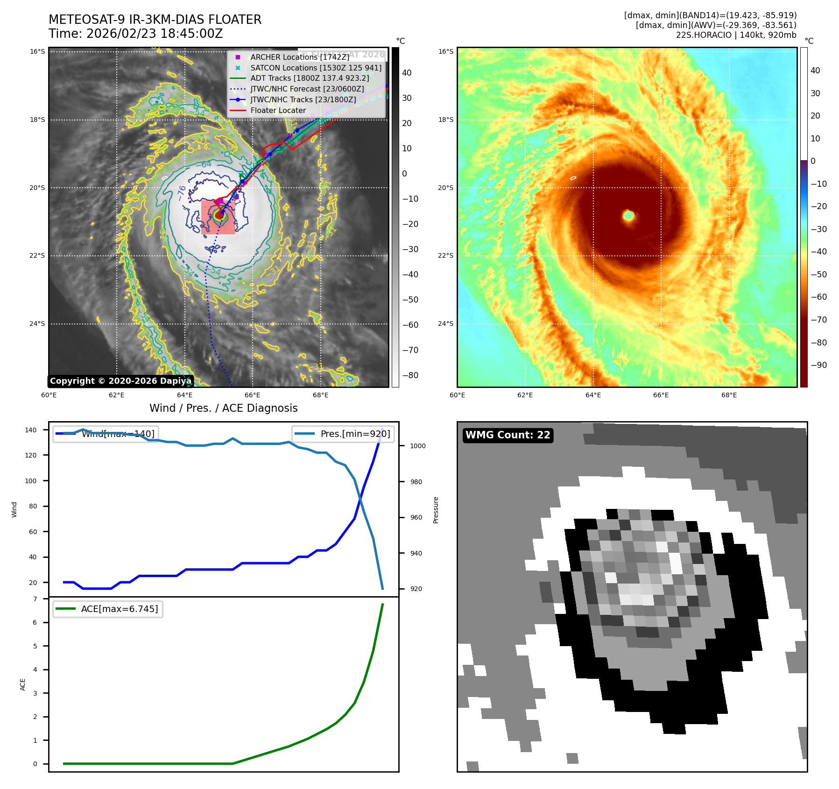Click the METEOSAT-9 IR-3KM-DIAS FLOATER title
click(x=155, y=20)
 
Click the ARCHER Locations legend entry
click(x=299, y=57)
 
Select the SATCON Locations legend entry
click(x=316, y=68)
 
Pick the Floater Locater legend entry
click(x=278, y=110)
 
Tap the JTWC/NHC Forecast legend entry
click(x=307, y=89)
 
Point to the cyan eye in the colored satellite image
click(x=628, y=216)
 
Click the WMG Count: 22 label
click(x=508, y=435)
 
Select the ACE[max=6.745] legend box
click(x=108, y=609)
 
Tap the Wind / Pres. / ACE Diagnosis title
click(x=223, y=408)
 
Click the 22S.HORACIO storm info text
click(x=736, y=35)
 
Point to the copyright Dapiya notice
click(x=120, y=381)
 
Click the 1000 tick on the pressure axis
click(x=417, y=446)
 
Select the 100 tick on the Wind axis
click(x=31, y=481)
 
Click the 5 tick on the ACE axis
click(x=35, y=646)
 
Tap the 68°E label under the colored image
click(x=729, y=395)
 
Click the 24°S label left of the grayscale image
click(x=37, y=324)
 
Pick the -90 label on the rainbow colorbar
click(x=818, y=365)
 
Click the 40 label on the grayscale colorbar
click(x=407, y=73)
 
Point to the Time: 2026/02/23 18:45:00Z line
click(x=135, y=34)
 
